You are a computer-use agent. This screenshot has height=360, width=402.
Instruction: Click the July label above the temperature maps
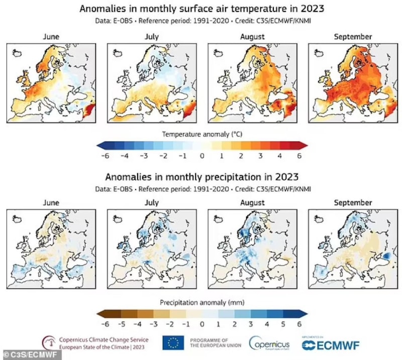[x=151, y=37]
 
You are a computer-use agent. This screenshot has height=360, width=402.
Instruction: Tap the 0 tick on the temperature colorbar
[x=202, y=156]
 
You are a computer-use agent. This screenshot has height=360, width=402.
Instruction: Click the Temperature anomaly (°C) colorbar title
[x=202, y=134]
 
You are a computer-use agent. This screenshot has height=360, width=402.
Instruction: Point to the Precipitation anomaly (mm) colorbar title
[x=202, y=303]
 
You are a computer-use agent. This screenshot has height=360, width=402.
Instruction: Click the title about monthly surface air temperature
[x=202, y=8]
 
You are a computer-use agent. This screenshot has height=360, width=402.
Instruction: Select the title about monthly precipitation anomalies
[x=202, y=177]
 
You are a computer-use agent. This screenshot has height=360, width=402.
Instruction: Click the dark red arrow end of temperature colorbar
[x=304, y=145]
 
